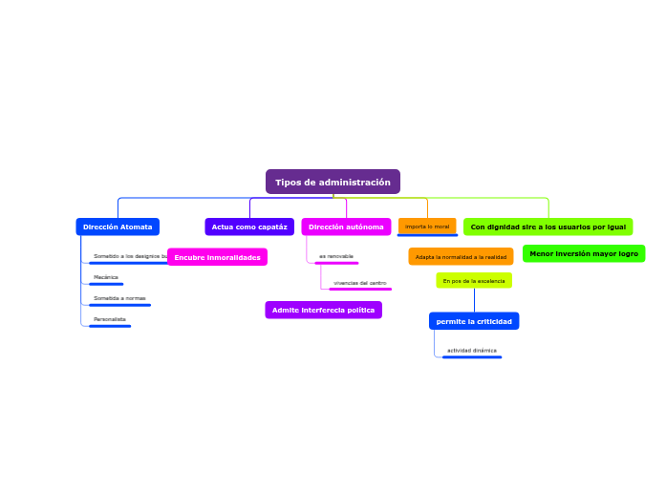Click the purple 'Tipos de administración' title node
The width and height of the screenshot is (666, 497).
point(333,182)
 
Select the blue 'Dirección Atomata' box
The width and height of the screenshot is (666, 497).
point(118,227)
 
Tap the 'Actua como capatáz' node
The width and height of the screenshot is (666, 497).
point(249,227)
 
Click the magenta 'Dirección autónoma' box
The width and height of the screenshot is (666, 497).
point(346,227)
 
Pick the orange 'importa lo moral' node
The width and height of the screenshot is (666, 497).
point(427,227)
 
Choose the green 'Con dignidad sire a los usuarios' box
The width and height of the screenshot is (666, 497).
point(548,227)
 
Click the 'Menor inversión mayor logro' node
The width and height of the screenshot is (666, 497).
point(584,253)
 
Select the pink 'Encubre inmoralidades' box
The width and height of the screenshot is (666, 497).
point(217,257)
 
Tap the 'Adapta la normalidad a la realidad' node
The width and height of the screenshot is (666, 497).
point(461,256)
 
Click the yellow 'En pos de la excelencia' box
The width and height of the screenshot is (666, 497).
point(474,281)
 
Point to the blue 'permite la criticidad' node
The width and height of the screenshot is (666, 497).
point(474,321)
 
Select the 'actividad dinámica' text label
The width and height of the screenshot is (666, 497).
point(472,351)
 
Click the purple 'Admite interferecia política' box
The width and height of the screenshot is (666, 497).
point(323,310)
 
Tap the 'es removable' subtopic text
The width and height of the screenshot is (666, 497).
point(336,256)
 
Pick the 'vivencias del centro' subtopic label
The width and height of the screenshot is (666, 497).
point(359,283)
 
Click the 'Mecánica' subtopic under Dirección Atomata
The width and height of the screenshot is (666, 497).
point(106,277)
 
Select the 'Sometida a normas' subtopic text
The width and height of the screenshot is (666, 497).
point(119,298)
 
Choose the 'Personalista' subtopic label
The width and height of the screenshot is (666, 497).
point(110,319)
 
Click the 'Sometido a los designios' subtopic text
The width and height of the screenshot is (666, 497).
point(128,256)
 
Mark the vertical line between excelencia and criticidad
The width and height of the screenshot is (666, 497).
point(474,300)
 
